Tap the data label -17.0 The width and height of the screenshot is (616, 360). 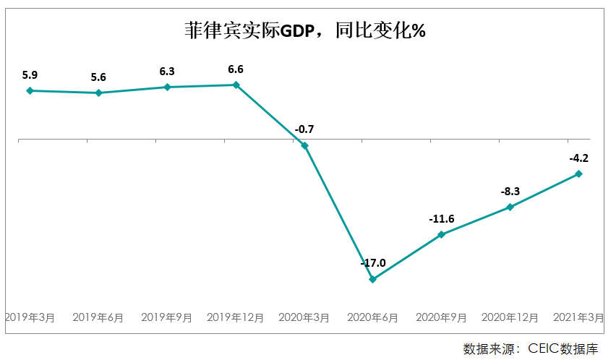(373, 263)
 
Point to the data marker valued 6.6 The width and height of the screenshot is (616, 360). (236, 85)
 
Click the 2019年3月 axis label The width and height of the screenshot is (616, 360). (30, 317)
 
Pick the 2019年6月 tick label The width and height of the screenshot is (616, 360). (98, 317)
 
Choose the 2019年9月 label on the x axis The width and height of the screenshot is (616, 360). (167, 317)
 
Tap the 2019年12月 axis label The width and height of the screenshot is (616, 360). (236, 317)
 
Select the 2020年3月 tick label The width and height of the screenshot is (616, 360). (304, 317)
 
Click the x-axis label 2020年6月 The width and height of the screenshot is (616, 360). (373, 317)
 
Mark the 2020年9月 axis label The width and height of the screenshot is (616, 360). (442, 317)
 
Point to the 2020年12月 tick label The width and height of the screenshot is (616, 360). (510, 317)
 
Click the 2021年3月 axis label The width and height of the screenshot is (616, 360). (578, 317)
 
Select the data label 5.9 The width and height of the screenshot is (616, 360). (30, 74)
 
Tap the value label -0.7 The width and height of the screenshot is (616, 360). (304, 129)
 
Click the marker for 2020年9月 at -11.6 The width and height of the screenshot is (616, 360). (442, 234)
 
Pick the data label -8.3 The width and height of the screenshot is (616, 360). (510, 192)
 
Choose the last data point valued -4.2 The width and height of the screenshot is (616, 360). (578, 173)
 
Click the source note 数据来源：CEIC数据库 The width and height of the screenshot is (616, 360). (531, 348)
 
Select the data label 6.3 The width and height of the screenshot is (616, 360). (167, 71)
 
